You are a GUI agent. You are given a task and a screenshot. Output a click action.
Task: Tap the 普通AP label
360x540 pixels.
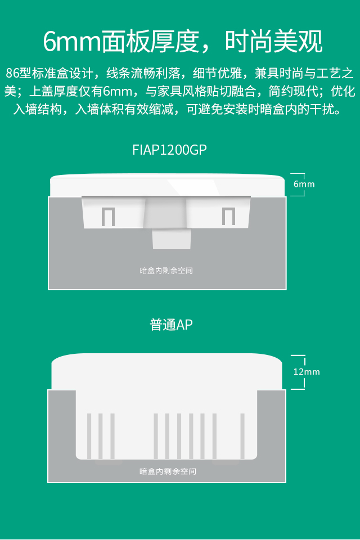[x=172, y=325]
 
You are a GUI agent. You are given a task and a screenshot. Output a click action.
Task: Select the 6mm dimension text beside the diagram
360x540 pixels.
[x=304, y=184]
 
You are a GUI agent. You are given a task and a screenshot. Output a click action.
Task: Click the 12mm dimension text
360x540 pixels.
[x=307, y=372]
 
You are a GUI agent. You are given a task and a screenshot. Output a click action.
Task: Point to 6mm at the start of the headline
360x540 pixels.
[x=72, y=41]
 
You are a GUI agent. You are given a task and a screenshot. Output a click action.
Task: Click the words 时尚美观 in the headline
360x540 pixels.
[x=274, y=41]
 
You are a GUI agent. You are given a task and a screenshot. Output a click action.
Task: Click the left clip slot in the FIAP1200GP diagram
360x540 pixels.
[x=107, y=217]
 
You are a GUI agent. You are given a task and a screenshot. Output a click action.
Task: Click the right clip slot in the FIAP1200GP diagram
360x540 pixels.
[x=228, y=217]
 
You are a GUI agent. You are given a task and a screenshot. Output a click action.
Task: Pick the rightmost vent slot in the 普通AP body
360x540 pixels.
[x=242, y=436]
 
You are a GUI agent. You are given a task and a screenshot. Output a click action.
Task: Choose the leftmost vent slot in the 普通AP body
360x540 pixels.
[x=89, y=436]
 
